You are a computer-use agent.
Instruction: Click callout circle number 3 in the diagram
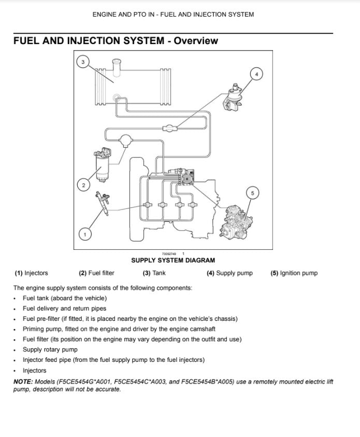click(x=82, y=62)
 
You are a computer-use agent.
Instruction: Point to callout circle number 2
click(x=83, y=184)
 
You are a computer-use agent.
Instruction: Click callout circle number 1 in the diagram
click(x=85, y=234)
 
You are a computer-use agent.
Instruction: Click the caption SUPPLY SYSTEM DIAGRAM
click(x=173, y=260)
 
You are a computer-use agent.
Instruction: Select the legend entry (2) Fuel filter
click(x=96, y=273)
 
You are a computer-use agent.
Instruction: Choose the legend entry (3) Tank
click(x=154, y=273)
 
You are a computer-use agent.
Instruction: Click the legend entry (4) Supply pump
click(x=229, y=273)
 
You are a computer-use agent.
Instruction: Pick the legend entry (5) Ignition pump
click(x=294, y=273)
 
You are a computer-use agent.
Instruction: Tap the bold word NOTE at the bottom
click(x=23, y=382)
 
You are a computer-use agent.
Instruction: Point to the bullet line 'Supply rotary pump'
click(x=50, y=349)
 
